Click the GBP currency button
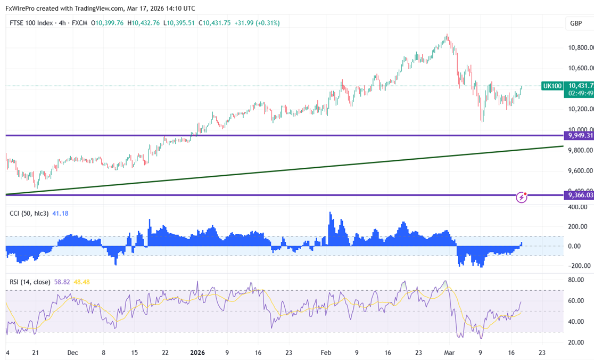click(575, 23)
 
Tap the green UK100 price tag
click(552, 86)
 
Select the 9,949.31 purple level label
click(580, 135)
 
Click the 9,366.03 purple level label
click(580, 195)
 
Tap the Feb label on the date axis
click(326, 353)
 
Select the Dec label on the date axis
click(73, 353)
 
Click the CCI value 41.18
click(60, 214)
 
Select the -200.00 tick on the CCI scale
click(577, 266)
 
